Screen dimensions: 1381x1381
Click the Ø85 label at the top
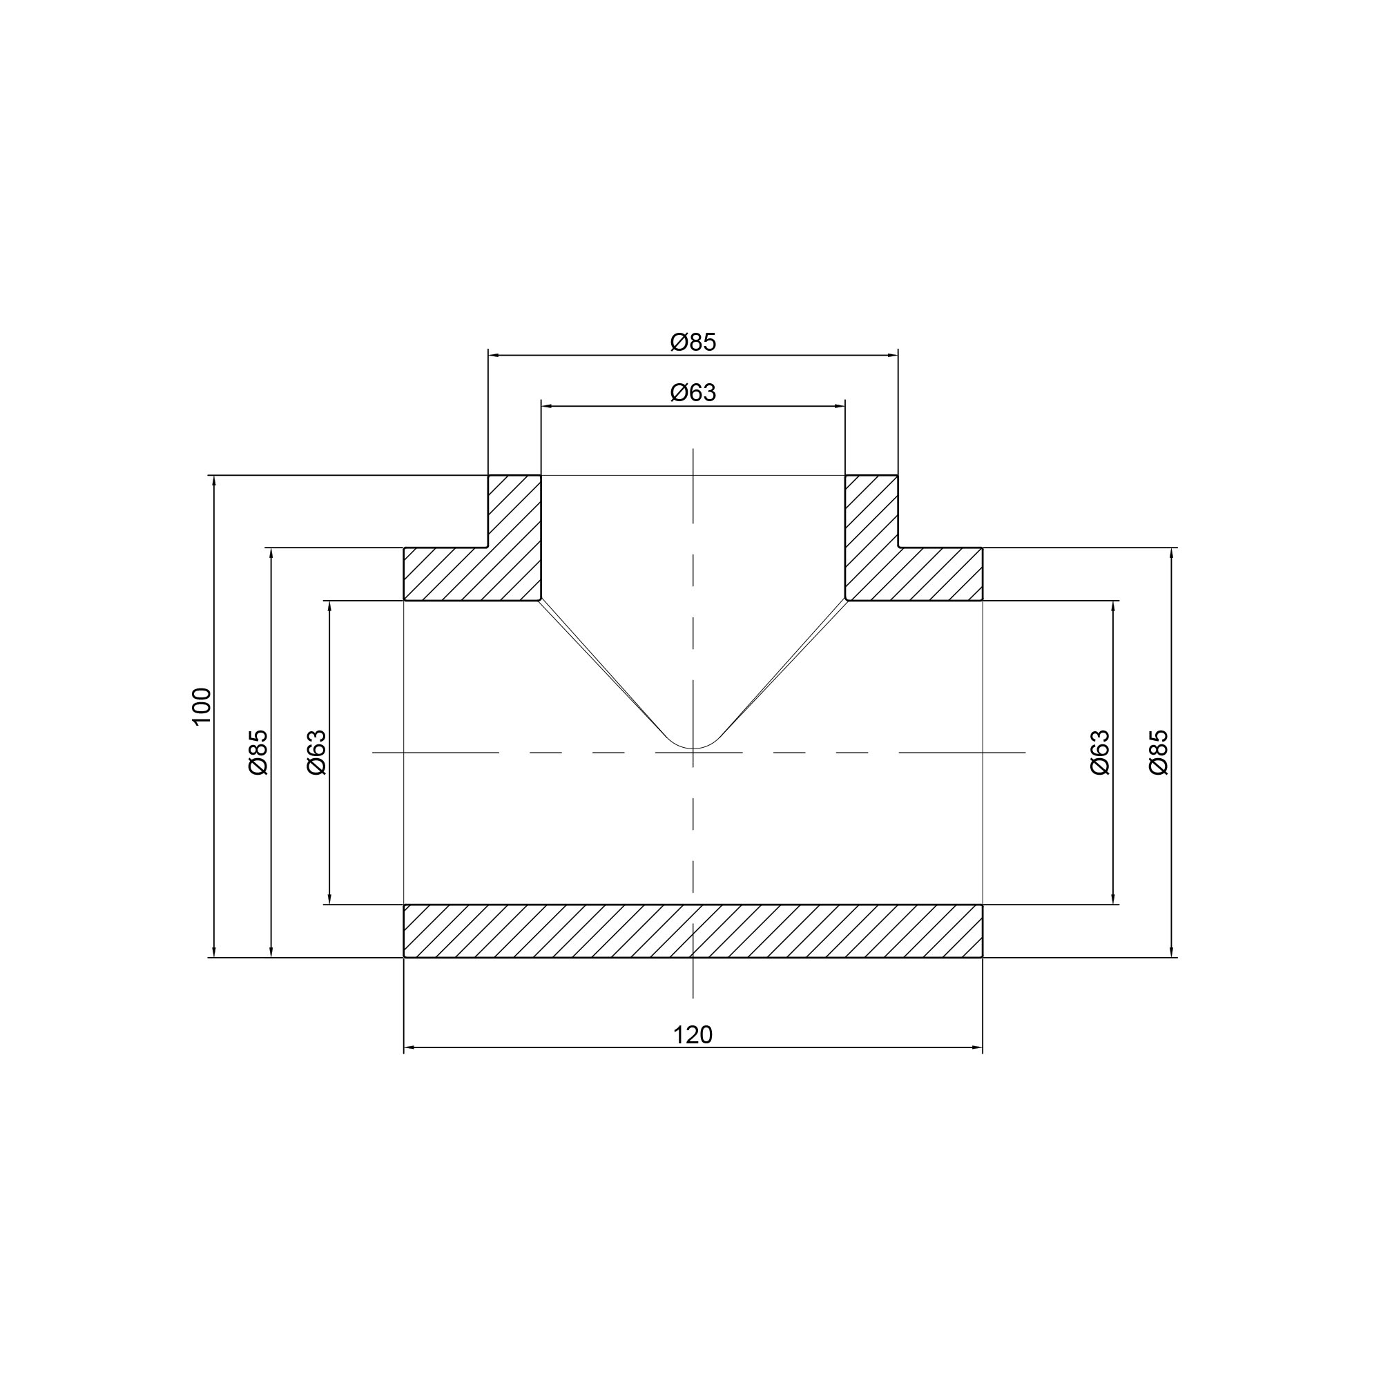pos(693,342)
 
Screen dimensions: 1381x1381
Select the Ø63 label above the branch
pos(693,392)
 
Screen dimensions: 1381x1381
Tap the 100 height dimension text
pos(202,706)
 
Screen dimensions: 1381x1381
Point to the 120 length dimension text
pos(693,1034)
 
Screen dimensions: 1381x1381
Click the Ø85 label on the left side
pos(258,752)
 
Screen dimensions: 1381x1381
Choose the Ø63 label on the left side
pos(316,752)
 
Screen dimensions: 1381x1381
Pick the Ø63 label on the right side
pos(1100,752)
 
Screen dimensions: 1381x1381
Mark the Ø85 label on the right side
pos(1159,752)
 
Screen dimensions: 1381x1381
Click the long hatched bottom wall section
pos(693,931)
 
